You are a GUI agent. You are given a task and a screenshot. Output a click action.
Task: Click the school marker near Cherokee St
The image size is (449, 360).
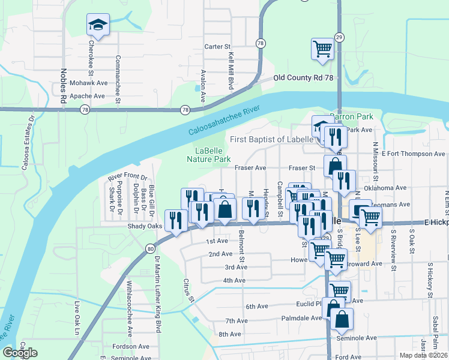[98, 25]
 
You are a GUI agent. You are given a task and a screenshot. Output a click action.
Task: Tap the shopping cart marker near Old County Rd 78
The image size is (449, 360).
[322, 49]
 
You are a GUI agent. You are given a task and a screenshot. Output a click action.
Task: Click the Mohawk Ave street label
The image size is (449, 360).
[88, 83]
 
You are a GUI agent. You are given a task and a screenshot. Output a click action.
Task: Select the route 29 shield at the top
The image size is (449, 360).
[339, 37]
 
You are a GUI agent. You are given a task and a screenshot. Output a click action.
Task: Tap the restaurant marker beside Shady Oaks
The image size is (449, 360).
[175, 220]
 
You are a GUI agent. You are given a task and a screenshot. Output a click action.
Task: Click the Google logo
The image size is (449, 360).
[20, 353]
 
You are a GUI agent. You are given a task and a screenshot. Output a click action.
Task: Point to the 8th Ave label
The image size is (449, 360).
[229, 334]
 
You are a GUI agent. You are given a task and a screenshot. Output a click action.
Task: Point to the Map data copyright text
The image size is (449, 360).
[424, 355]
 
